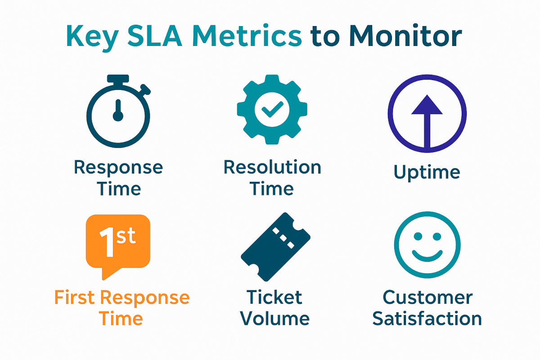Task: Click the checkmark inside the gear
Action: pos(272,109)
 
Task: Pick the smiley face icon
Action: pos(427,245)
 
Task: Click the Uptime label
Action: pos(427,172)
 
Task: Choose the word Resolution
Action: pos(272,167)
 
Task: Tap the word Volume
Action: pos(274,319)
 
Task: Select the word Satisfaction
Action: pos(427,319)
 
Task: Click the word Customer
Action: pos(427,297)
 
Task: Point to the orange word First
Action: pos(75,297)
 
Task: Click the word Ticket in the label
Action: pos(274,297)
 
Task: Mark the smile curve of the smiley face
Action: pos(427,257)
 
